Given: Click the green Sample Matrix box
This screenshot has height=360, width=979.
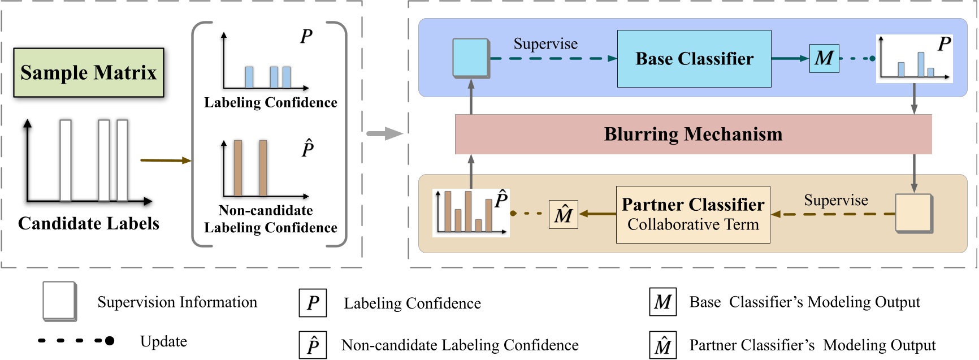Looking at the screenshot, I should tap(89, 72).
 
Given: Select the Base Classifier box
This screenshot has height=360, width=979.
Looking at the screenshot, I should tap(694, 59).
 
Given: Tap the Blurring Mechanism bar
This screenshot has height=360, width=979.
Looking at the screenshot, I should tap(693, 135).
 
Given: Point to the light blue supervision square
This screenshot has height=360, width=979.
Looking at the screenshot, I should tap(470, 58).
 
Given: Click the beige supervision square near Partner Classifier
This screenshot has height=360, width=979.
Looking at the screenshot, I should tap(913, 214).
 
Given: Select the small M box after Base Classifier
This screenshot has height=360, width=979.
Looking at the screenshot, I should tap(824, 58).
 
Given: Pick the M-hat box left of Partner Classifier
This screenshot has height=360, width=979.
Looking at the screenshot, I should tap(563, 215).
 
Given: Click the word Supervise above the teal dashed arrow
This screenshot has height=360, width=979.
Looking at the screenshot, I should tap(545, 44).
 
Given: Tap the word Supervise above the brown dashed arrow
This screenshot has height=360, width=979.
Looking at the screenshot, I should tap(835, 201).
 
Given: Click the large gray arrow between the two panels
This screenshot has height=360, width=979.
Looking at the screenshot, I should tap(384, 134).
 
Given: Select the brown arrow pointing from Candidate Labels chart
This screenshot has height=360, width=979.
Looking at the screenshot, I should tap(165, 161).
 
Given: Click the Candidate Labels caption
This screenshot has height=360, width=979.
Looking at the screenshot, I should tap(89, 224).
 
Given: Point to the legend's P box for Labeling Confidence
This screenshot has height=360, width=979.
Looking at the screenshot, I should tap(313, 303).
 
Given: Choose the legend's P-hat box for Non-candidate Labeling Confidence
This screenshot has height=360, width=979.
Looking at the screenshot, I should tap(313, 345).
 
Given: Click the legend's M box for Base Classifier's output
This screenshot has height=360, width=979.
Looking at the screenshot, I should tap(662, 302).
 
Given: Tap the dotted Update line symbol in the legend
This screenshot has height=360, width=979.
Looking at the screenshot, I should tap(76, 341).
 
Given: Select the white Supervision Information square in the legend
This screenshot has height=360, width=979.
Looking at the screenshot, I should tap(59, 301).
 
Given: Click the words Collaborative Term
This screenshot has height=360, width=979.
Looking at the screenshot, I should tap(693, 225).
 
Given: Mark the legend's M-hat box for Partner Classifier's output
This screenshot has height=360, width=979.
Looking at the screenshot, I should tap(662, 345).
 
